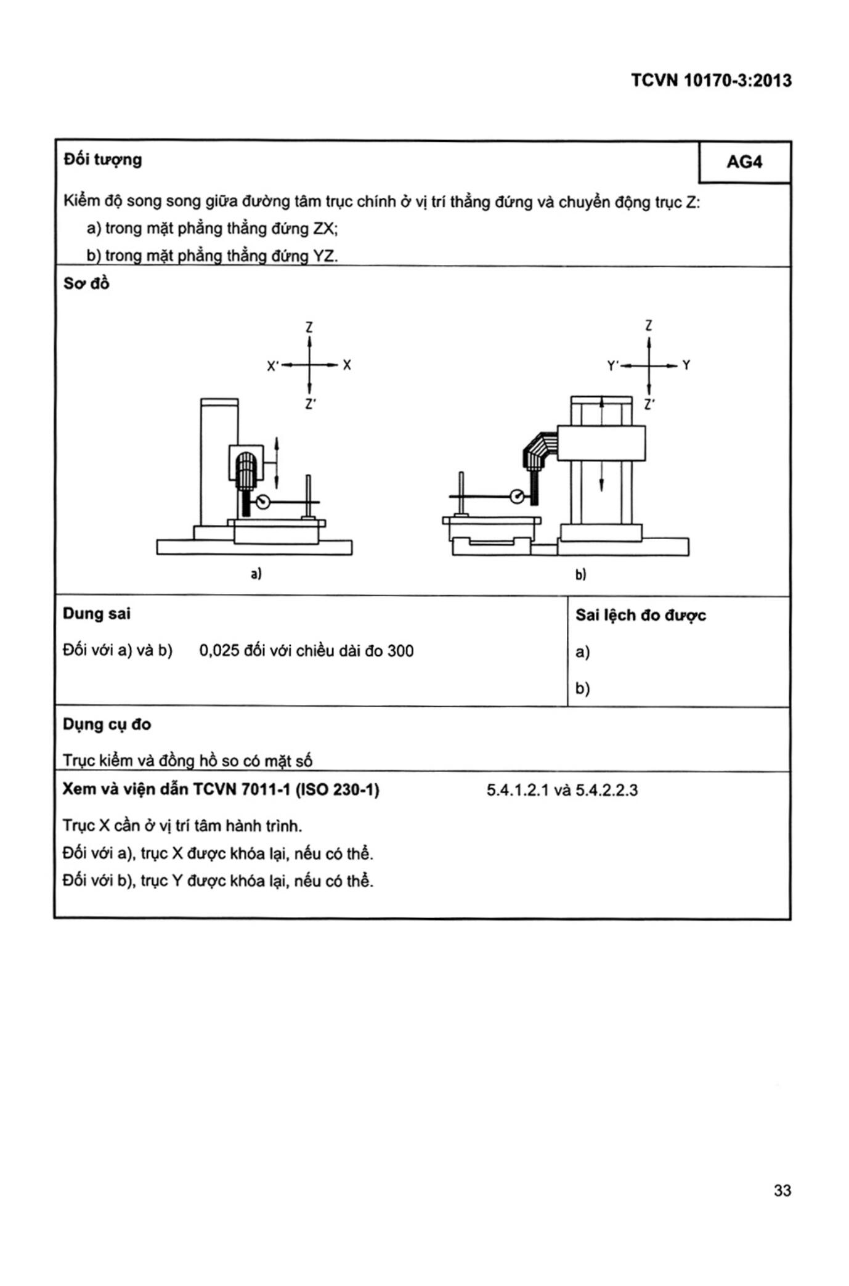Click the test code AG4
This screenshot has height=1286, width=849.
(x=744, y=162)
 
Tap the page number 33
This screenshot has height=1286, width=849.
(x=782, y=1190)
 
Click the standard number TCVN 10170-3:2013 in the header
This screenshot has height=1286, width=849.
(x=711, y=81)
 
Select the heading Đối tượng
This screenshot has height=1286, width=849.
(x=102, y=160)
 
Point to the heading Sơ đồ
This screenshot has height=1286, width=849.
(x=86, y=283)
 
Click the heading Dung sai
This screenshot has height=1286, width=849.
(x=97, y=614)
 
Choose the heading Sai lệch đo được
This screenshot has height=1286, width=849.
(x=640, y=615)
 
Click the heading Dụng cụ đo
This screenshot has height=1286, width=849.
(x=107, y=724)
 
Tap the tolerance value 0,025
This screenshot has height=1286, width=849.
(x=219, y=651)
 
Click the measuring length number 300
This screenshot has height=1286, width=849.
(x=400, y=651)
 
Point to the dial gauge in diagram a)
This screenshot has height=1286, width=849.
(x=263, y=502)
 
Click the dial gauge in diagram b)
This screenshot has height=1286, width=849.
(x=517, y=496)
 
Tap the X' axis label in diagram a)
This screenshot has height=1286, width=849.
(x=273, y=366)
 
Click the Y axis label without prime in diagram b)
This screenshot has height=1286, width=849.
(x=686, y=365)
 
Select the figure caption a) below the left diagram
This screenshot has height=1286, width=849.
(x=256, y=574)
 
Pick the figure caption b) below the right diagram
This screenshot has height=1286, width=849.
(x=580, y=575)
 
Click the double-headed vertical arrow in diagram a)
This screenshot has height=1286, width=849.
(x=277, y=462)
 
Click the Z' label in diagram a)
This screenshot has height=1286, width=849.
(x=311, y=404)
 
